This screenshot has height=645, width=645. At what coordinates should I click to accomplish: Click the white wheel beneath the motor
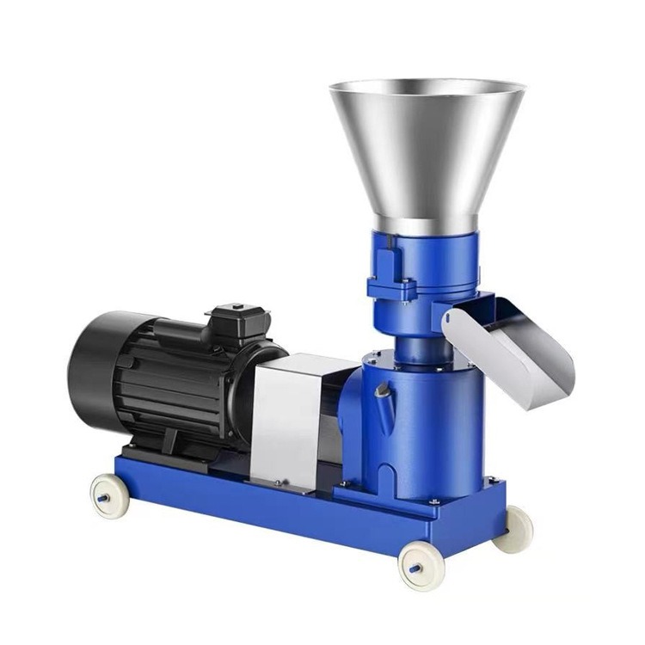point(109,496)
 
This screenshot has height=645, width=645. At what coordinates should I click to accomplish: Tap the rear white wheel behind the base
point(516,526)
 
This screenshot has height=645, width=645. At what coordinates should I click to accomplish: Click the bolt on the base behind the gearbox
point(491,479)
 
